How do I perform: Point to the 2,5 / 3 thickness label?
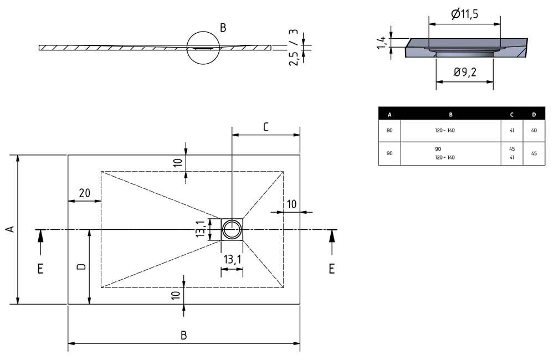(294, 48)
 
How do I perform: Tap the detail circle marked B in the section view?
(204, 48)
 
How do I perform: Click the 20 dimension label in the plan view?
(85, 193)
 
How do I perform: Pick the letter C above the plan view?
(265, 127)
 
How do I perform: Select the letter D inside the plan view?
(81, 267)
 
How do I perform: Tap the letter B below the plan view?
(183, 335)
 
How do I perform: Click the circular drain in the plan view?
(232, 229)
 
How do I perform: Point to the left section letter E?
(40, 269)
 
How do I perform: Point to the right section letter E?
(331, 269)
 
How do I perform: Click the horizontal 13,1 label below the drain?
(232, 259)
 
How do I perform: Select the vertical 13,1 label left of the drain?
(201, 229)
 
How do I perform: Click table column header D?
(534, 115)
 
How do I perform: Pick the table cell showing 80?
(389, 131)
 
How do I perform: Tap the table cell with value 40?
(534, 131)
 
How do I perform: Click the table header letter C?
(511, 115)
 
